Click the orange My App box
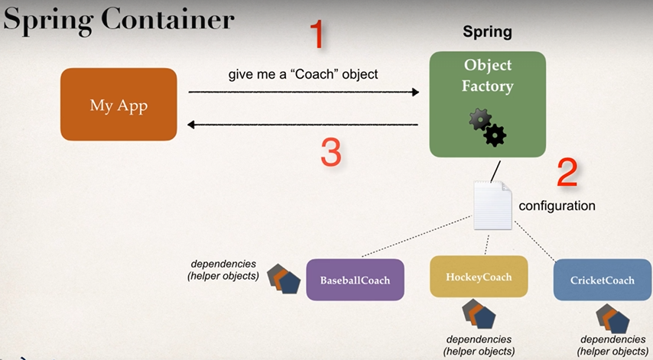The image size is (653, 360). click(x=119, y=105)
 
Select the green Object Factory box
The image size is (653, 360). click(x=487, y=104)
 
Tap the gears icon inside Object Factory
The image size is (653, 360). click(x=487, y=127)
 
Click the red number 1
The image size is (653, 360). click(x=317, y=34)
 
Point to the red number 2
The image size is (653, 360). click(x=567, y=174)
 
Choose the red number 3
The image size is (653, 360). click(x=330, y=152)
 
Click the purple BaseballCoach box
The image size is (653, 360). click(x=355, y=280)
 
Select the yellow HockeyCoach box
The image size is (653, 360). click(x=479, y=277)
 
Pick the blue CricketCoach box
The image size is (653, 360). click(x=603, y=280)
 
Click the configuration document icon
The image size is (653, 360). click(x=492, y=206)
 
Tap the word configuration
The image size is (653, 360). click(x=557, y=206)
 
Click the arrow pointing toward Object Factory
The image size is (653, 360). click(x=304, y=92)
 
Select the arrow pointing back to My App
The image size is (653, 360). click(x=304, y=125)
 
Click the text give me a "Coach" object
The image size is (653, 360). click(x=304, y=75)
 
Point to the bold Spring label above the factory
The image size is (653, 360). click(x=487, y=32)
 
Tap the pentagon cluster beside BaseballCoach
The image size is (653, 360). click(x=284, y=279)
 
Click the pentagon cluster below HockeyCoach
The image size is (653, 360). click(x=479, y=314)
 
